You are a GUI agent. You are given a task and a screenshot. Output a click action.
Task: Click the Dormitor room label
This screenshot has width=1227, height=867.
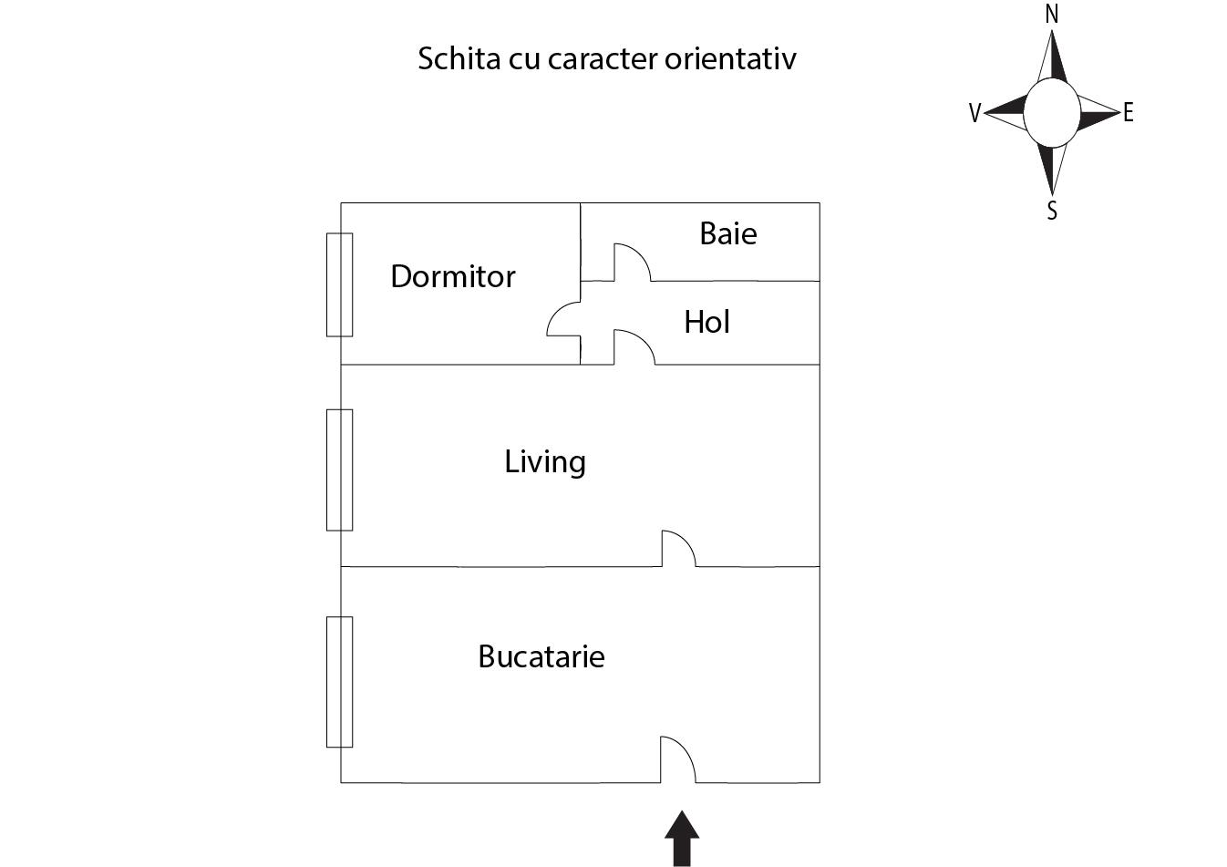tap(453, 276)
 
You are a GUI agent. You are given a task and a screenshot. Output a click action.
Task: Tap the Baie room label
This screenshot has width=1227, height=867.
tap(728, 234)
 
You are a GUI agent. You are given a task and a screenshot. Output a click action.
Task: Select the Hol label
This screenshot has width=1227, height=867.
tap(706, 322)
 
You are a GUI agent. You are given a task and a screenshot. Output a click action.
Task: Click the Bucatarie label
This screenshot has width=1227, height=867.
tap(541, 656)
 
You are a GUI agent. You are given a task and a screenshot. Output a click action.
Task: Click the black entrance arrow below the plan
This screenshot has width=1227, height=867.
tap(682, 839)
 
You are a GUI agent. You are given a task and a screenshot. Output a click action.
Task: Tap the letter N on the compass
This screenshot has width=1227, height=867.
tap(1051, 14)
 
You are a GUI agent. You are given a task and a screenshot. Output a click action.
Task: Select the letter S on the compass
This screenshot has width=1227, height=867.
tap(1052, 211)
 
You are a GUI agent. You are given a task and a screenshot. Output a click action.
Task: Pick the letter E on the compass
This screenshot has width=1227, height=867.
tap(1129, 112)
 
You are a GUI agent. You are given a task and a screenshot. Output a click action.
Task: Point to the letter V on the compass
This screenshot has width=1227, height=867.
tap(975, 113)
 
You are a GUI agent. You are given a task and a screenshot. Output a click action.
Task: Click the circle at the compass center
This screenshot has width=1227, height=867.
tap(1052, 113)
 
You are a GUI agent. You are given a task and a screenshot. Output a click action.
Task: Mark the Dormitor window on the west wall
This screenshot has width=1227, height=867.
tap(340, 284)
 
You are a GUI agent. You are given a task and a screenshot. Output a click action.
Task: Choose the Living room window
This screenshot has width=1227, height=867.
tap(340, 470)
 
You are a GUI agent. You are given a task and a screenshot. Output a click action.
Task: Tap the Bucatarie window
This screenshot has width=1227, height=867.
tap(340, 682)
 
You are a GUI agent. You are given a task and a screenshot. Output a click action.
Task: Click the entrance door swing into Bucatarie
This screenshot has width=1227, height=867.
tap(678, 759)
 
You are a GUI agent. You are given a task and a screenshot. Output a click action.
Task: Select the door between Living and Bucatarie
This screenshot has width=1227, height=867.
tap(679, 548)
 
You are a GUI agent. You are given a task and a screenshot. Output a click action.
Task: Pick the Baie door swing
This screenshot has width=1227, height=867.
tap(633, 263)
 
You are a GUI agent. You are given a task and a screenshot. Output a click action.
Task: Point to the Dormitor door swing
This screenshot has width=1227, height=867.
tap(563, 319)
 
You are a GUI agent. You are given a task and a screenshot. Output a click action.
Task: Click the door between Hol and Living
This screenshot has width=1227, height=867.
tap(634, 347)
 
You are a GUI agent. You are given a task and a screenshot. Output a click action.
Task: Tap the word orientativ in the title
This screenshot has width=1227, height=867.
tap(730, 58)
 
